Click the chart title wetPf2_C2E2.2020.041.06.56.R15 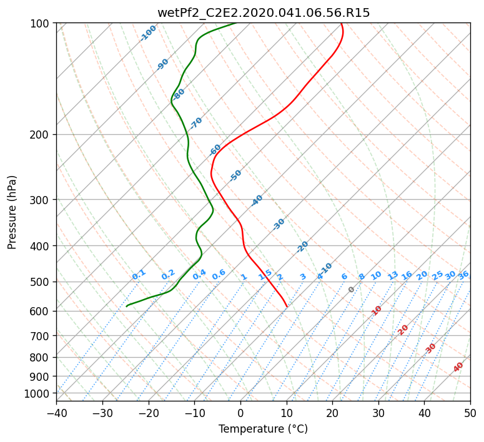pos(264,13)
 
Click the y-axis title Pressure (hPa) pos(12,212)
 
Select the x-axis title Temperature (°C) pos(264,429)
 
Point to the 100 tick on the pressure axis pos(39,24)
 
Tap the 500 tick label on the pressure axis pos(39,282)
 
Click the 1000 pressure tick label pos(36,394)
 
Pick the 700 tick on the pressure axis pos(39,336)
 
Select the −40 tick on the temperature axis pos(56,413)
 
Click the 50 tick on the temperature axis pos(470,413)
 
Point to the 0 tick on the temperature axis pos(241,413)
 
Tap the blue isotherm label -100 pos(148,33)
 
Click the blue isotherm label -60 pos(215,150)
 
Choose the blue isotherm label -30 pos(279,224)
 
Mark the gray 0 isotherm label pos(351,290)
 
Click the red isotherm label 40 pos(458,367)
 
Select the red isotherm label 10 pos(377,310)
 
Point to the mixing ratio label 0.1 pos(139,275)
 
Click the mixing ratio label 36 pos(463,275)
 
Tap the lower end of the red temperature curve pos(287,307)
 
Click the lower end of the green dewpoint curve pos(127,306)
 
